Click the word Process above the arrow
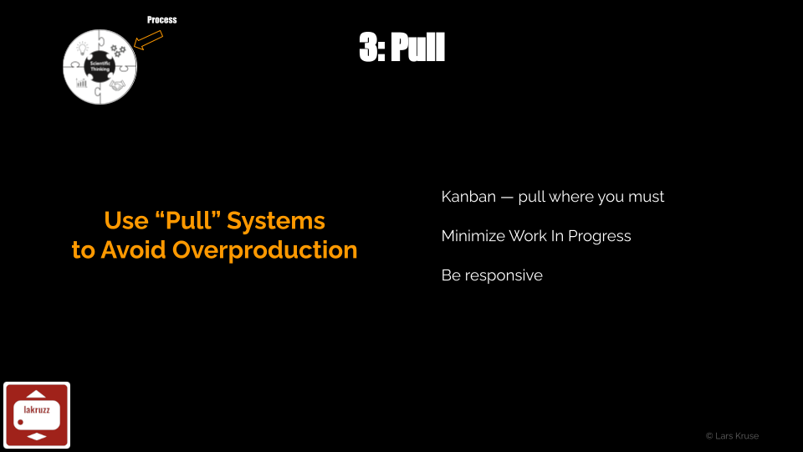click(161, 20)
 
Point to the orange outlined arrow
click(148, 40)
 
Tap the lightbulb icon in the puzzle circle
click(83, 49)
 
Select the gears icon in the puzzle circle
click(118, 50)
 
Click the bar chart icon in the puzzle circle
click(82, 83)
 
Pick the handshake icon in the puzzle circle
click(117, 85)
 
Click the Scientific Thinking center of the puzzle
click(100, 66)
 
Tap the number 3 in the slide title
click(369, 47)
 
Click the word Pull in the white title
click(418, 47)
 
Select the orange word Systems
click(276, 221)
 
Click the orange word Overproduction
click(265, 250)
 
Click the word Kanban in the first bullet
click(468, 197)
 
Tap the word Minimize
click(473, 236)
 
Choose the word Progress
click(599, 236)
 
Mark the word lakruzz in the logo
click(37, 409)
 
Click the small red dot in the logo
click(20, 422)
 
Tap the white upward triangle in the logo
click(36, 393)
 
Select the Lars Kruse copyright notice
click(733, 436)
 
